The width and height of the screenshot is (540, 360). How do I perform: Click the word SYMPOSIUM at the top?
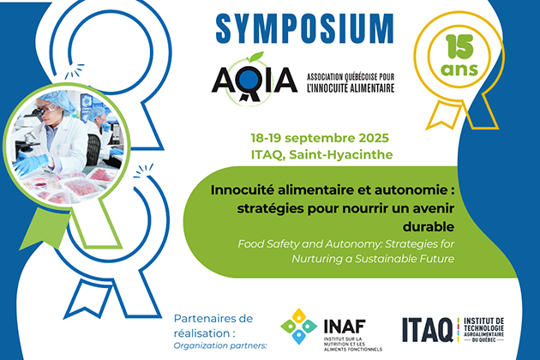point(305,28)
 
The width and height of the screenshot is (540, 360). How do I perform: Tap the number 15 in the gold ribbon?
point(459,47)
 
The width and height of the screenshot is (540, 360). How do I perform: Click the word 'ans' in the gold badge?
point(459,69)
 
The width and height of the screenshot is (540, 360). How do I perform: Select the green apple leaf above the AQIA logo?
point(256,57)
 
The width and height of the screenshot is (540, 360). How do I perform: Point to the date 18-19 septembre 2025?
point(320,138)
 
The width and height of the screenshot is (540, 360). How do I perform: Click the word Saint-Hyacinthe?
point(341,155)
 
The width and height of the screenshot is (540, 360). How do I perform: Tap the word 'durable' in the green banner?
point(429,226)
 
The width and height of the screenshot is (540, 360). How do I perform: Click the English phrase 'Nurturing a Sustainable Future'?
point(373,259)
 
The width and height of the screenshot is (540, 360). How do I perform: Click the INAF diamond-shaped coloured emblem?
point(298,326)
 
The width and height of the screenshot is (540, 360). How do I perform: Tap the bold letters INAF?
point(345,327)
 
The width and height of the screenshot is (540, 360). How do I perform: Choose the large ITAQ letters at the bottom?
point(428,330)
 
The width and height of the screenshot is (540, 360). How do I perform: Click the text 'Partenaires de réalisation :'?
point(213,326)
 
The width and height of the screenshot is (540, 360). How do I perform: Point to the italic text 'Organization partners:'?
point(220,345)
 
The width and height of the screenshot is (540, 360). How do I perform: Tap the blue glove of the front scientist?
point(32,164)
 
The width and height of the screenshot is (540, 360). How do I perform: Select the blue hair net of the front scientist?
point(57,99)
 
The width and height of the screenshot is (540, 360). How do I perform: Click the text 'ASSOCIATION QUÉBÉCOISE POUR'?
point(351,76)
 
